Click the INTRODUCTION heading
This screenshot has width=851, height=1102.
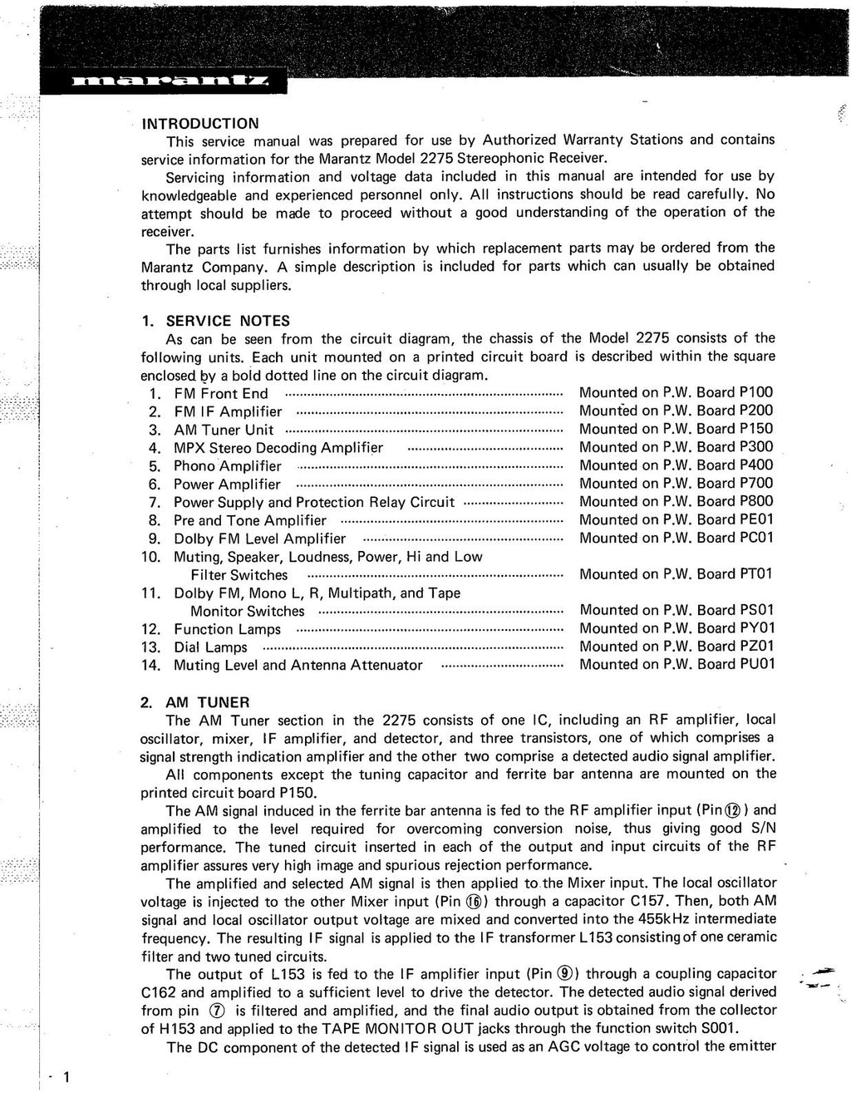(200, 123)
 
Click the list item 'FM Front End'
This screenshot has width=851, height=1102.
(220, 393)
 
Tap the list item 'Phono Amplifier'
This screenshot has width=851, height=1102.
(227, 465)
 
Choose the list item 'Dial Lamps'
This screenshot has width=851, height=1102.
(210, 647)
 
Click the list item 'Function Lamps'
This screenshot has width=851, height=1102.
(227, 629)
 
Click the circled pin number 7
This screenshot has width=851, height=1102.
(218, 1011)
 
